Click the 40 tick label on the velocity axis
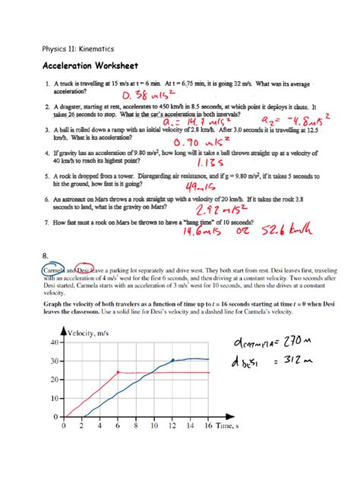(x=52, y=342)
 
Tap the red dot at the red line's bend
(x=118, y=372)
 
